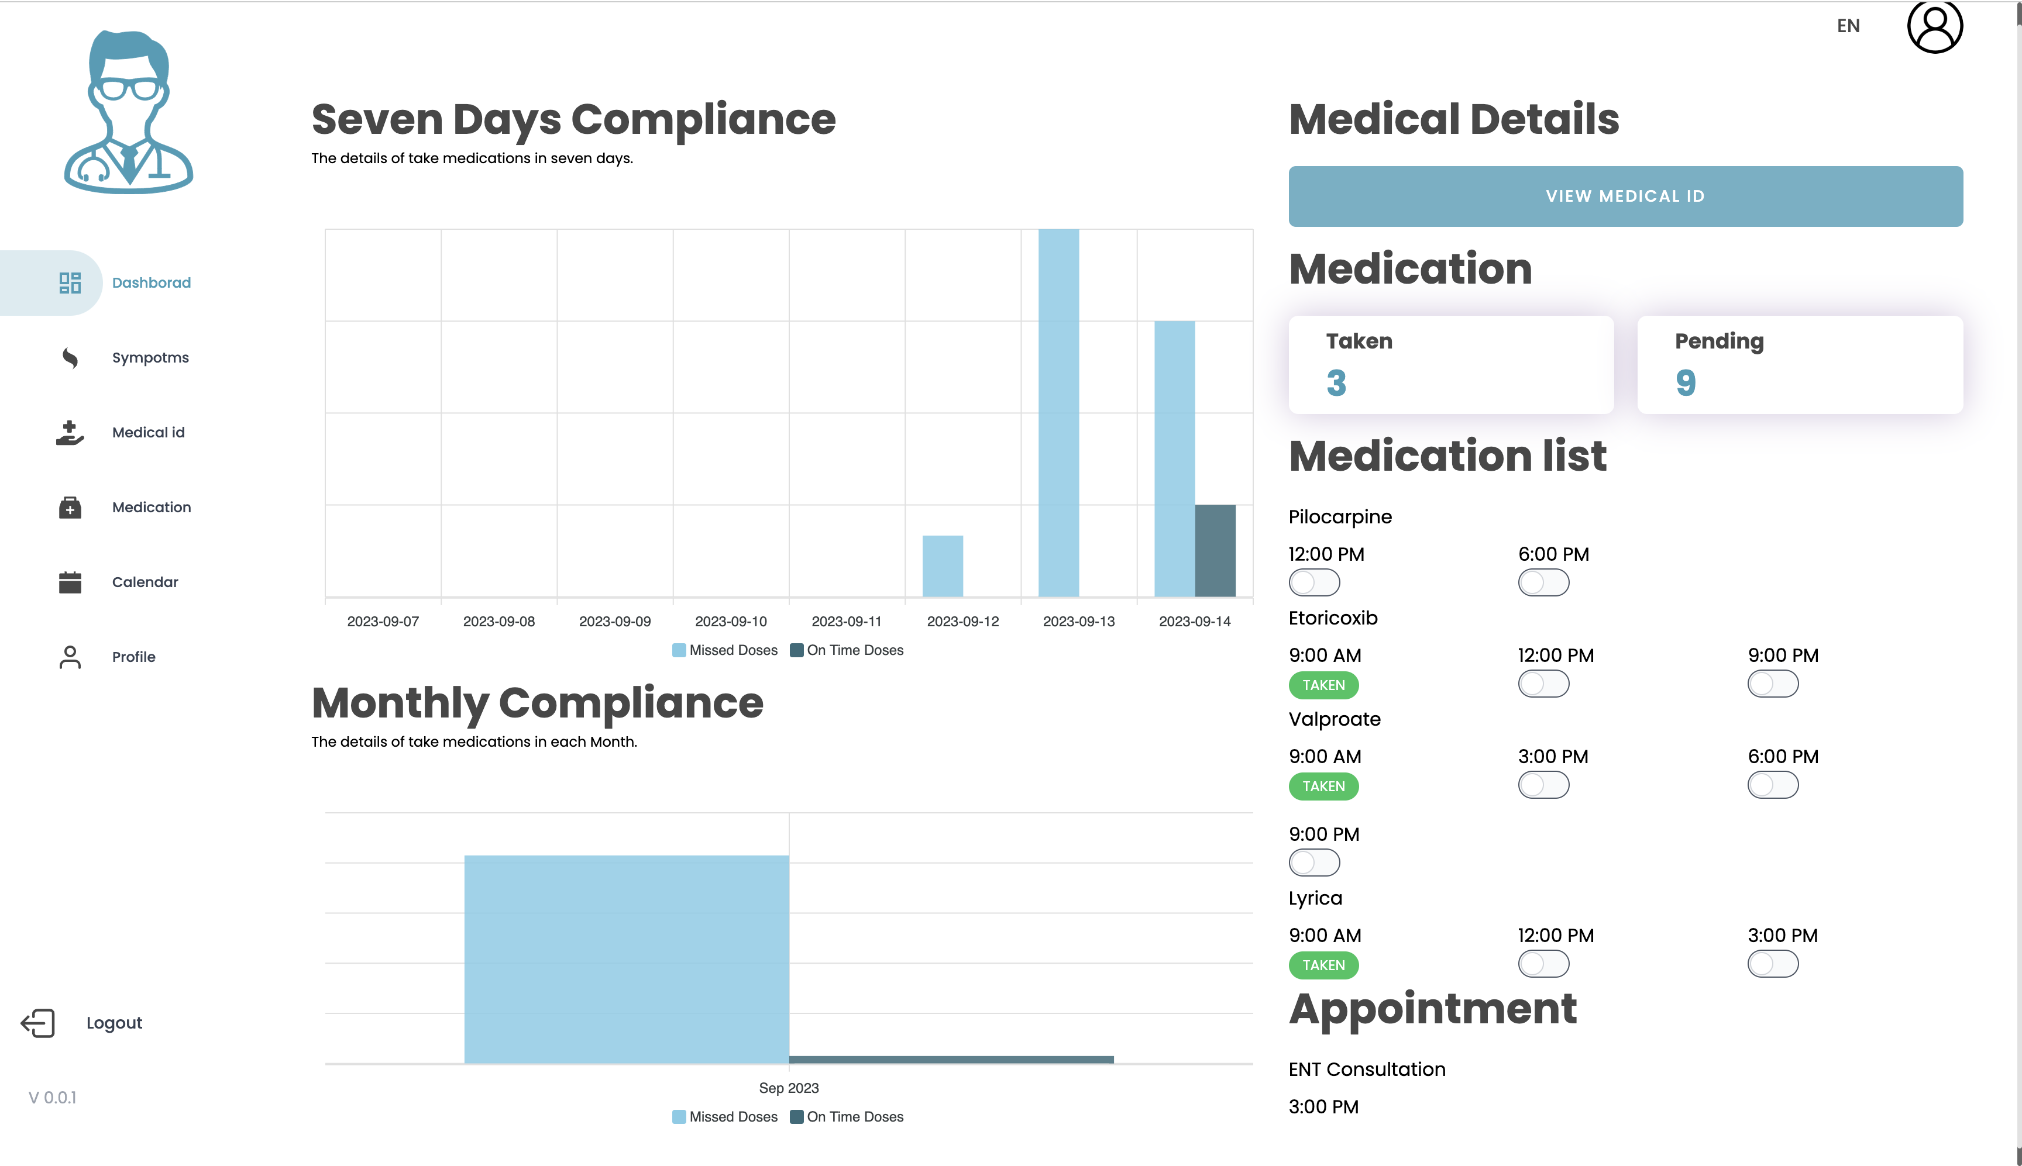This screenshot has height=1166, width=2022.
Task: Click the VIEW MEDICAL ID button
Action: (1625, 196)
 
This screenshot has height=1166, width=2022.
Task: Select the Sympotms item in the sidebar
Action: (150, 357)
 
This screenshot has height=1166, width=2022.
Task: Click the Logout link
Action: (114, 1023)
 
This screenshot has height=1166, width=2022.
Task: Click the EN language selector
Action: (1848, 26)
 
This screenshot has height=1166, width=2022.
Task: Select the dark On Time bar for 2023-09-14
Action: (1215, 550)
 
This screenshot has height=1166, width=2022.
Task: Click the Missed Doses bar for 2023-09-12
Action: (942, 565)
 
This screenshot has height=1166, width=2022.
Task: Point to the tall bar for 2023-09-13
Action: (1058, 412)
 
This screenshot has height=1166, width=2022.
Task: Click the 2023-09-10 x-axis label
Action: (731, 622)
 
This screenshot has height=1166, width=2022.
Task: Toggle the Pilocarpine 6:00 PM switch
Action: (1543, 582)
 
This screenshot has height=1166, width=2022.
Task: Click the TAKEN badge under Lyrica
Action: (1323, 965)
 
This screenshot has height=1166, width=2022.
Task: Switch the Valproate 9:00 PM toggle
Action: (1314, 863)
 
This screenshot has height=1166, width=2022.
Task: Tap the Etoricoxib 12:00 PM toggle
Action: (1543, 684)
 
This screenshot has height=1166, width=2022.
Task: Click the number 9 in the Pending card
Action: (1685, 383)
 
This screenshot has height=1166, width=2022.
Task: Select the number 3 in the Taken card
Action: (1336, 383)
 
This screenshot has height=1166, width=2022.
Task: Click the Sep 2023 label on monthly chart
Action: (788, 1088)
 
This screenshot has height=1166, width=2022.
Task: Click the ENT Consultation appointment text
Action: (1367, 1069)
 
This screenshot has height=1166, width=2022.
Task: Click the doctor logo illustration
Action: (128, 112)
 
